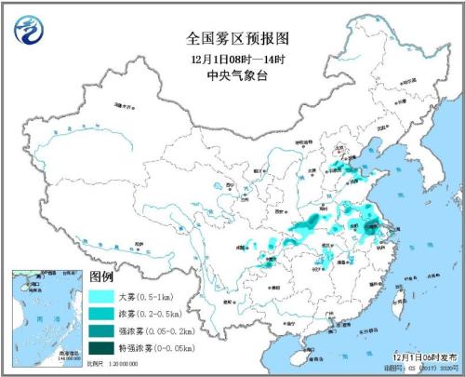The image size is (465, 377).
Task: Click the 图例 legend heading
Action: (x=101, y=277)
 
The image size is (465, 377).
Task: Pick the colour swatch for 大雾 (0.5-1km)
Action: (x=104, y=296)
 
